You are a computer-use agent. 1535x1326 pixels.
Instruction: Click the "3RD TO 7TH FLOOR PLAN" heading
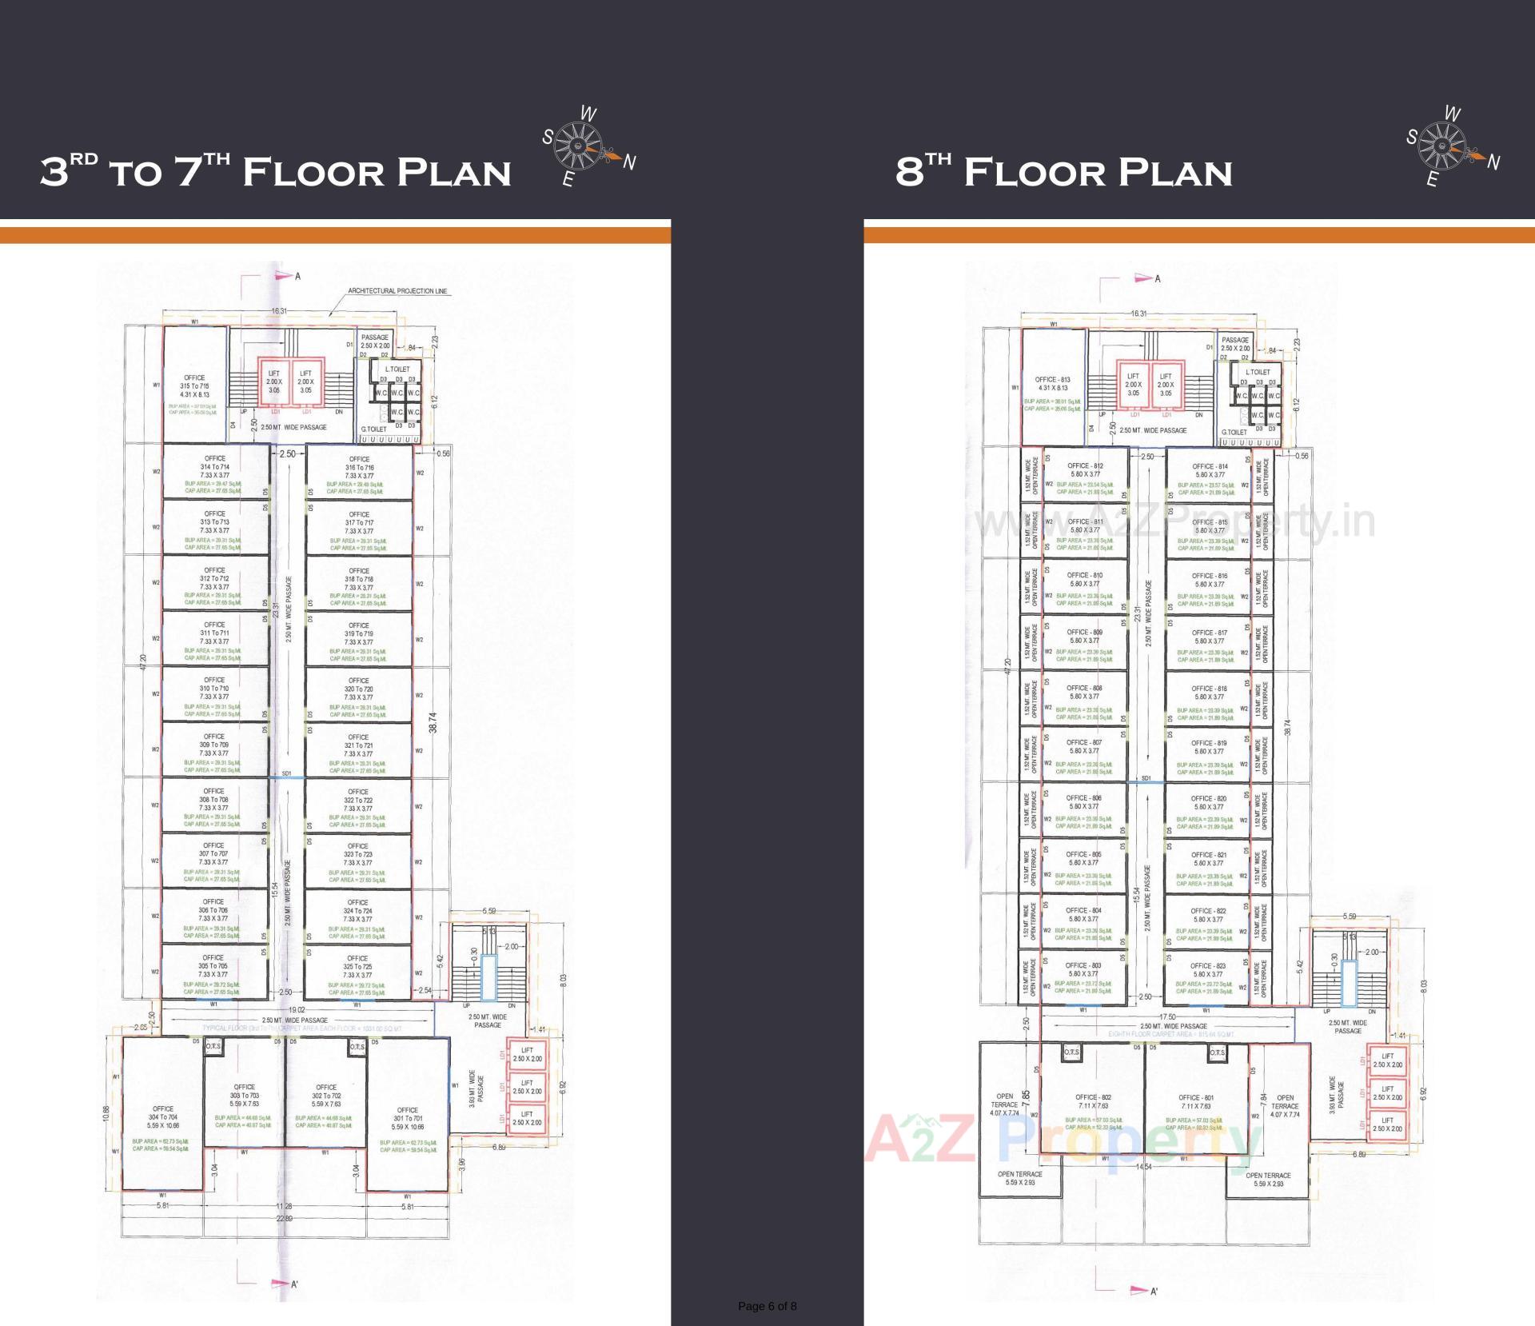coord(276,171)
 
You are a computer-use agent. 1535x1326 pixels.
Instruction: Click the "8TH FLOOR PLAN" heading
coord(1063,171)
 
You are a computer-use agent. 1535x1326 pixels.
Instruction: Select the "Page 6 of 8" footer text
coord(767,1306)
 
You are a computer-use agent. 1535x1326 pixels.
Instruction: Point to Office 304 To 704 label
coord(163,1117)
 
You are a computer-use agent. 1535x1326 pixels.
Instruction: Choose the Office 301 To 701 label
coord(408,1118)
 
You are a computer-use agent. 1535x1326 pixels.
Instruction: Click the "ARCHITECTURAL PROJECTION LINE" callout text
coord(397,291)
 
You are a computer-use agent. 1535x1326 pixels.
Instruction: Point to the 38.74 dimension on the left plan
coord(433,722)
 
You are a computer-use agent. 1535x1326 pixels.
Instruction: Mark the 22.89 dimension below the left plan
coord(285,1218)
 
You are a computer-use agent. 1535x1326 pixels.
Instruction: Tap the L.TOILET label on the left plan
coord(397,369)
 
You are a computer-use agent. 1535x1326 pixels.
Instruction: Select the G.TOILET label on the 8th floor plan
coord(1234,433)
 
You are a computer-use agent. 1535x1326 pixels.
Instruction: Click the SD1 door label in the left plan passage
coord(287,773)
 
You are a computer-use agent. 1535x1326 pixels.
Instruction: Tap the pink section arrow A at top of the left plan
coord(284,276)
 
